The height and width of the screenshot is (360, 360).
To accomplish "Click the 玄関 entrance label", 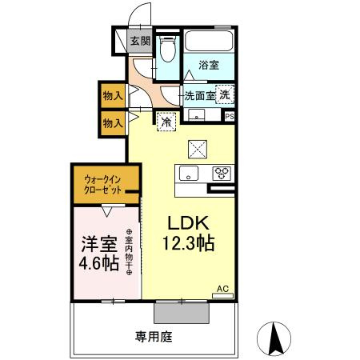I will (x=140, y=42).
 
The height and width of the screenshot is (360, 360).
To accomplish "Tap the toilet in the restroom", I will (x=167, y=50).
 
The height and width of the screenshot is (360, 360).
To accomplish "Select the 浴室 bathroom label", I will (x=209, y=66).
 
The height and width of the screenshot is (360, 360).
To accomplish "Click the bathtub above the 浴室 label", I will (x=210, y=42).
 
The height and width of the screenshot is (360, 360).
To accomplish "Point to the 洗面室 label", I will (x=199, y=95).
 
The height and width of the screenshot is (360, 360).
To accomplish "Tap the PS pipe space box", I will (x=230, y=117).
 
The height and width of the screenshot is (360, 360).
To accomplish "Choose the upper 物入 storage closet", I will (x=113, y=95).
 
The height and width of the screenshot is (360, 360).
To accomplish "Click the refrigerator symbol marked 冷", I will (x=166, y=122).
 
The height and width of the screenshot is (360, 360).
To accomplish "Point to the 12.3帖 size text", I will (x=190, y=245).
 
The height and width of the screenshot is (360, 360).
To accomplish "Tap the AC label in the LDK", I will (x=222, y=288).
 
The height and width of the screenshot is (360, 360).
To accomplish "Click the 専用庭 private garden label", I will (x=153, y=337).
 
